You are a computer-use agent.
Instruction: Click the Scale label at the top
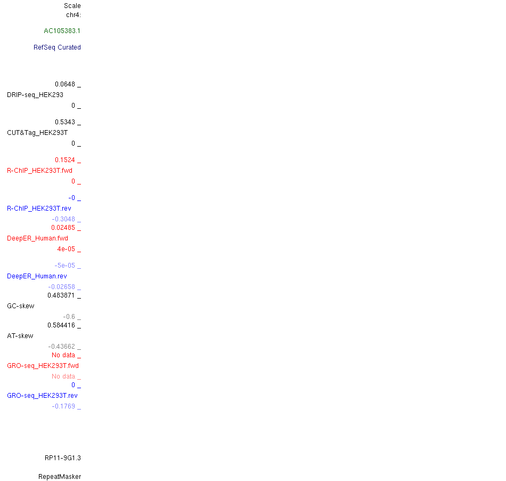[x=72, y=6]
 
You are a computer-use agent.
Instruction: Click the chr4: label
[x=73, y=14]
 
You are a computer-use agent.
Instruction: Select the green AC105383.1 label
[x=62, y=31]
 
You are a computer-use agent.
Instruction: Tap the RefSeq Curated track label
[x=57, y=47]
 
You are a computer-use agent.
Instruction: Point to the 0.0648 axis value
[x=65, y=84]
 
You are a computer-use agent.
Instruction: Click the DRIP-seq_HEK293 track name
[x=35, y=95]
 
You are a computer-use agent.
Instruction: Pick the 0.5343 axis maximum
[x=65, y=122]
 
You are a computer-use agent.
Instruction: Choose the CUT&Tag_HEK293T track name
[x=37, y=133]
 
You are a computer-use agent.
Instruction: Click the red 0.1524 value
[x=65, y=160]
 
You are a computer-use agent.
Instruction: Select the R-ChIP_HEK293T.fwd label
[x=39, y=171]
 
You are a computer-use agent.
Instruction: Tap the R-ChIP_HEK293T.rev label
[x=39, y=209]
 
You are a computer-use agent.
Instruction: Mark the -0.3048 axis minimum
[x=63, y=219]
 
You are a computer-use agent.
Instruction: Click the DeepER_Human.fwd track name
[x=37, y=238]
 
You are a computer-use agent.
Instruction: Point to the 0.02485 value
[x=63, y=228]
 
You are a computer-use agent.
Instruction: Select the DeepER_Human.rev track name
[x=37, y=276]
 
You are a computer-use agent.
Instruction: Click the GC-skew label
[x=20, y=306]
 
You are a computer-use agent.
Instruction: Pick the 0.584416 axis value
[x=61, y=325]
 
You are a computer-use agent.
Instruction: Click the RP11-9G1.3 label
[x=62, y=458]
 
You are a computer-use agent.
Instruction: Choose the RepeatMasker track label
[x=60, y=477]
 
